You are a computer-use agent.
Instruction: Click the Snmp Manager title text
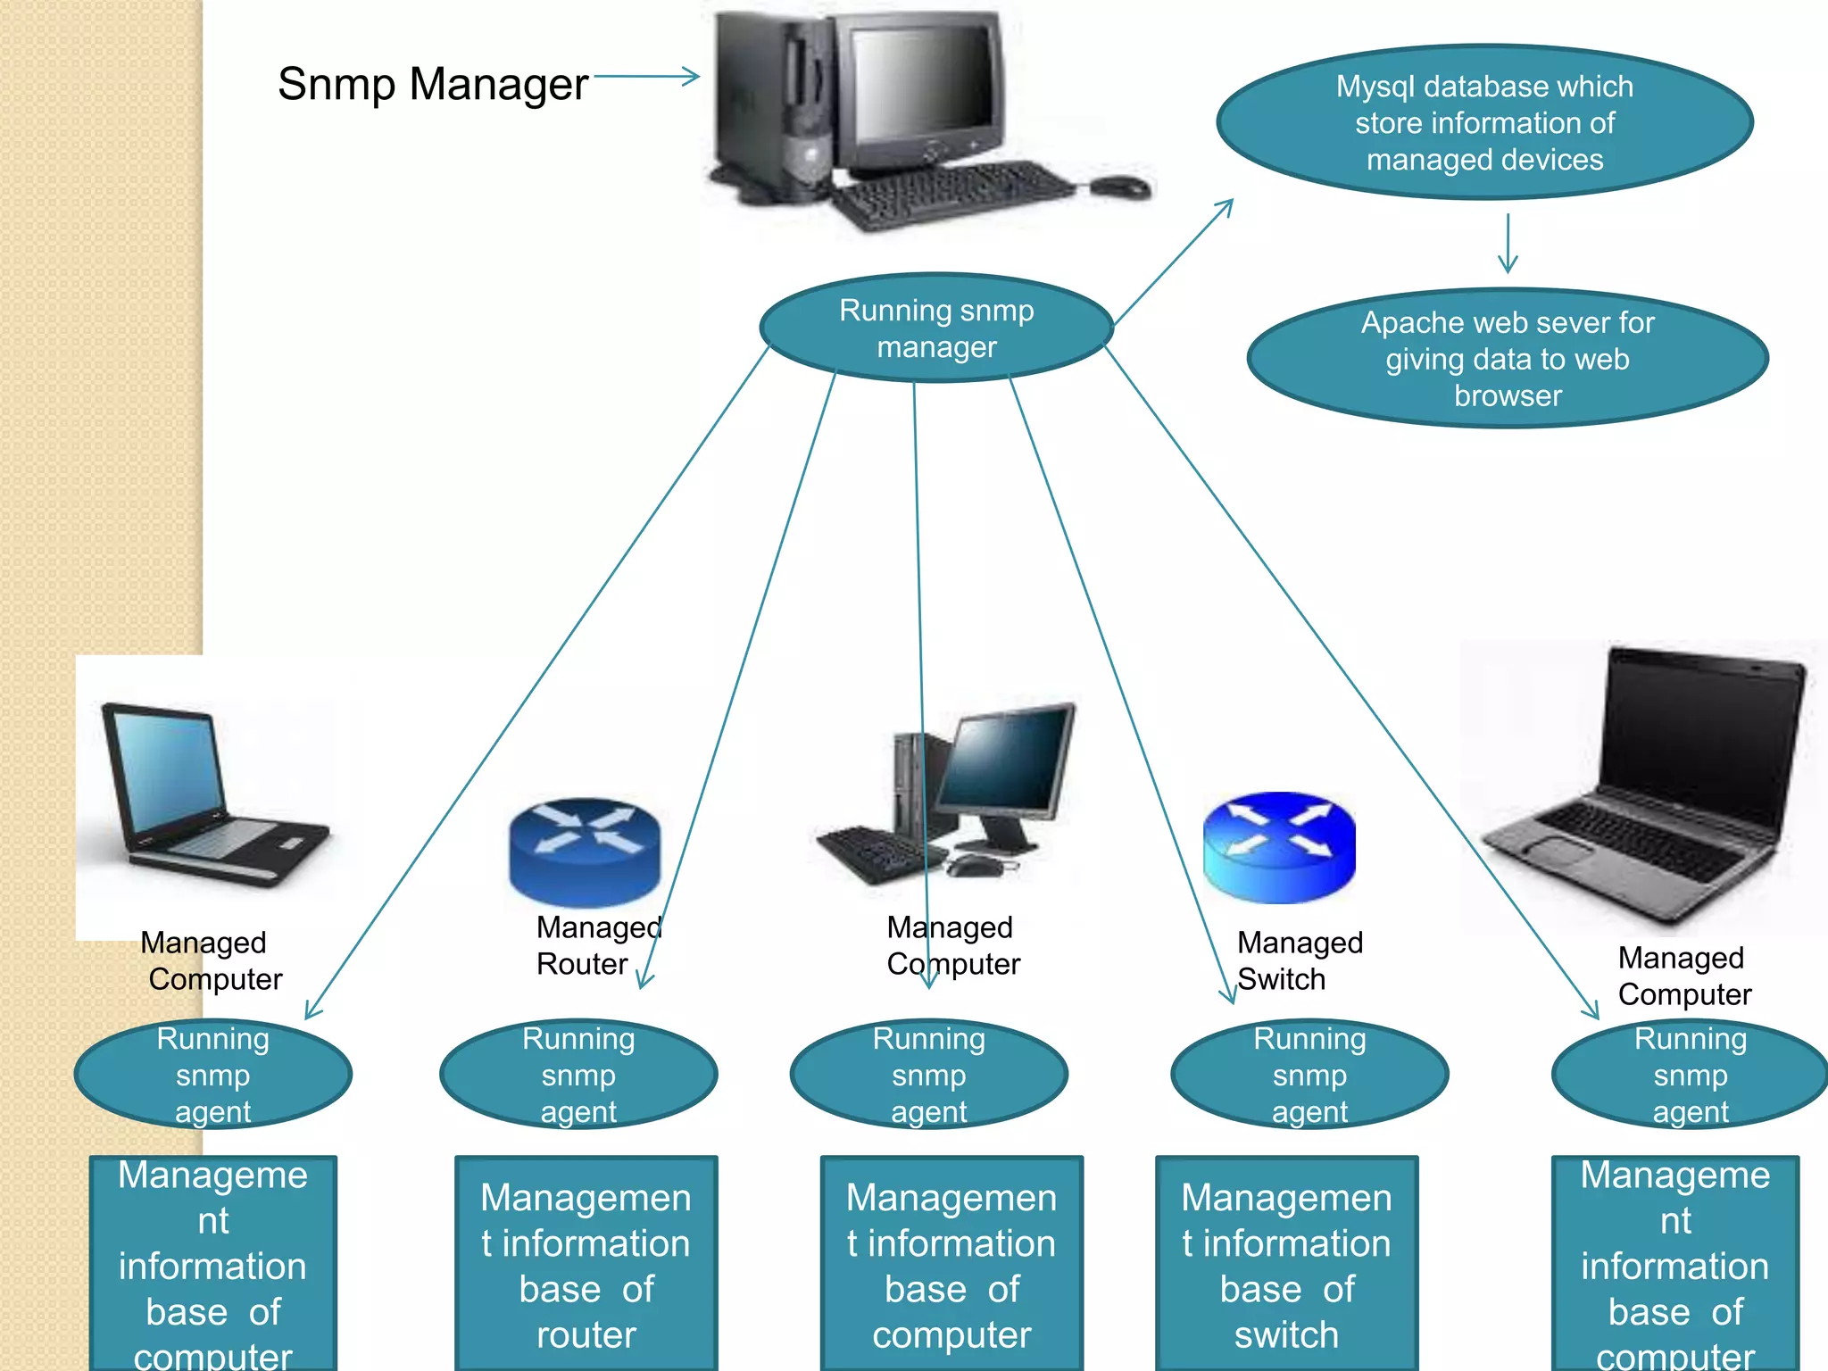432,85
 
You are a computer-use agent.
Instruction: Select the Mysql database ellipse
1484,122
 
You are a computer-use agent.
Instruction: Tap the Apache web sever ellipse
1507,358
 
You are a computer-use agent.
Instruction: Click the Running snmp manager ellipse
935,328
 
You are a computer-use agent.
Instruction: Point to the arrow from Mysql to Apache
1508,243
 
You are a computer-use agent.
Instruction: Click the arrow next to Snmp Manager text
646,77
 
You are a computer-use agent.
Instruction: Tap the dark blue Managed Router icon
585,850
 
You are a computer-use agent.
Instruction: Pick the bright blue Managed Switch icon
1278,846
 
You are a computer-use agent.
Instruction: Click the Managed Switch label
1299,960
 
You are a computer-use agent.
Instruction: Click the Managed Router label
596,945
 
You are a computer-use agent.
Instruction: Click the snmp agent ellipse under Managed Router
578,1075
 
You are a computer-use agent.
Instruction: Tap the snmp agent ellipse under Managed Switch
1309,1075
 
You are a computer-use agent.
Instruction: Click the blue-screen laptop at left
210,794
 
